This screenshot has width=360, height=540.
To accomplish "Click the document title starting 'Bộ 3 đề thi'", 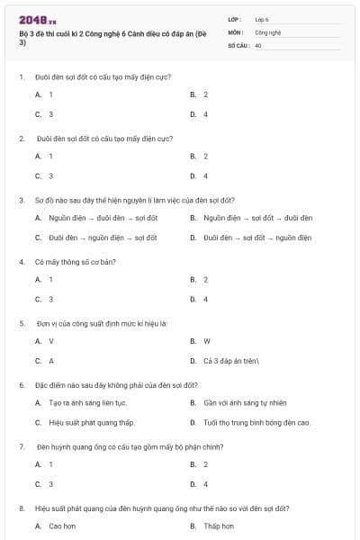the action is pyautogui.click(x=112, y=37).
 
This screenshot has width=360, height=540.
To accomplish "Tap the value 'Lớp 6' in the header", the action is pyautogui.click(x=262, y=19).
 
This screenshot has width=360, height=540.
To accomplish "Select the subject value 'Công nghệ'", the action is pyautogui.click(x=267, y=31).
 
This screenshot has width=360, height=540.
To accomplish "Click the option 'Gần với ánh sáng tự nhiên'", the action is pyautogui.click(x=244, y=402).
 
